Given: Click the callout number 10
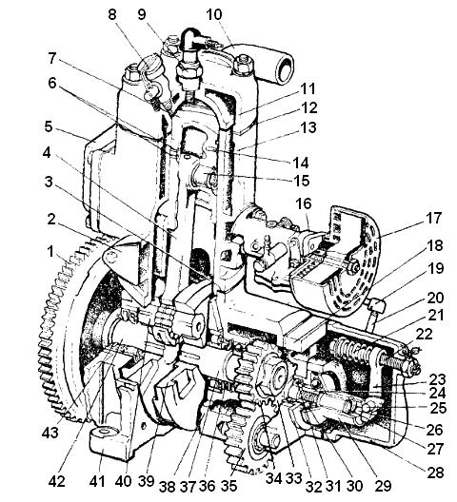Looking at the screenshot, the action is (x=214, y=14).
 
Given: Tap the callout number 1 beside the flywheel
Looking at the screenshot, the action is (x=50, y=252).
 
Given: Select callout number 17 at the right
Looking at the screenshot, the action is (x=434, y=218).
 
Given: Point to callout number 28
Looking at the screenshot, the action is (x=435, y=473).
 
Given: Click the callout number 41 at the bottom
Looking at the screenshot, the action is (x=97, y=481).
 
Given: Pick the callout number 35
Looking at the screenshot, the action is (x=228, y=486).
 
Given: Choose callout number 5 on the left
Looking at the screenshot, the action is (x=49, y=126).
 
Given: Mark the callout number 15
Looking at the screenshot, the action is (x=302, y=181).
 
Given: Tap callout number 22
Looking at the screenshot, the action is (x=424, y=335).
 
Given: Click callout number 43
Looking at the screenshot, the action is (x=50, y=433).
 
